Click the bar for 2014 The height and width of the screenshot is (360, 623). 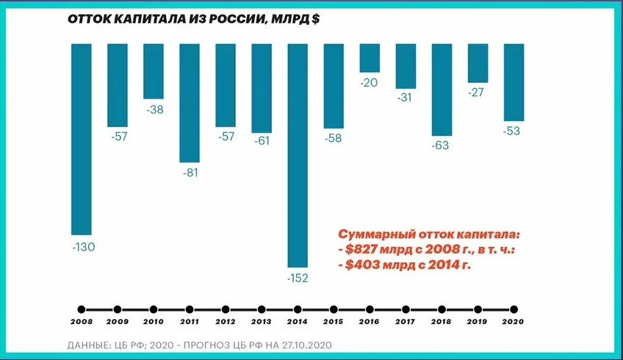(x=298, y=154)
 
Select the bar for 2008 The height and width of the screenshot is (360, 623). (x=82, y=139)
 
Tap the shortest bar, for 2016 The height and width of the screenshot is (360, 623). (x=370, y=58)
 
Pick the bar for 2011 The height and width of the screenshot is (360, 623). (x=190, y=103)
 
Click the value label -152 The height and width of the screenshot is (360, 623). (x=298, y=278)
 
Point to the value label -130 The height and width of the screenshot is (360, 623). (x=83, y=247)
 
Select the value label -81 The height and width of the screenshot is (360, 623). (x=190, y=173)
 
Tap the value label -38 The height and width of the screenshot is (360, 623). (x=154, y=109)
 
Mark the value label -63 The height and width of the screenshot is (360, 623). (x=440, y=145)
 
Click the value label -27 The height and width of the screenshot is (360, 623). (x=478, y=93)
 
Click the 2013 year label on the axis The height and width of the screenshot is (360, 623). (x=262, y=323)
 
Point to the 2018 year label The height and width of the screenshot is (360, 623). (x=442, y=323)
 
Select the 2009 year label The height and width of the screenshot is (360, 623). (x=118, y=323)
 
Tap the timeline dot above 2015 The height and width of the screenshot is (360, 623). (x=334, y=309)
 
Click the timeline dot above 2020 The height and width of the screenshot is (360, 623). (x=514, y=309)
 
